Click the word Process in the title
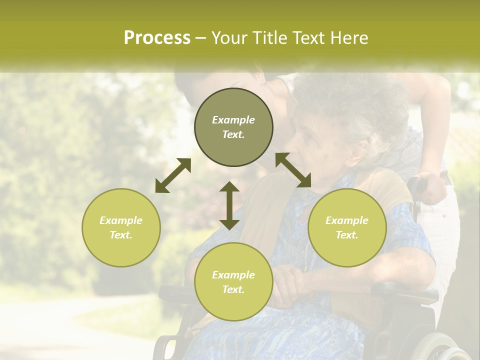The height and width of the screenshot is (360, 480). pos(157,37)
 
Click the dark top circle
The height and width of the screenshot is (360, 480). pos(233,127)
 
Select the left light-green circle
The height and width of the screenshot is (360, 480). pos(121,227)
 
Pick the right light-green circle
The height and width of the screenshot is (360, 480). pos(347,227)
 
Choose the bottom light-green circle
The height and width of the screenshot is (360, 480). pos(233,281)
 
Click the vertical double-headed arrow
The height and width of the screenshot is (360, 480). pos(229,205)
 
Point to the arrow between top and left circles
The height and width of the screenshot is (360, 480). pos(173,175)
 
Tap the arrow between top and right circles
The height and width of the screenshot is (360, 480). pos(293,170)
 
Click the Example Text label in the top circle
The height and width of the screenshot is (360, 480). pos(233,127)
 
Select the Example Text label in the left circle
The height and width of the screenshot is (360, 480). pos(121,227)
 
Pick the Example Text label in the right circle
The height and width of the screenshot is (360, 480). pos(347,227)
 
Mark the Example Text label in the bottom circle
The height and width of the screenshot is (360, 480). pos(233,281)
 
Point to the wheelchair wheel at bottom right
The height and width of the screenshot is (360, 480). pos(440,347)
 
